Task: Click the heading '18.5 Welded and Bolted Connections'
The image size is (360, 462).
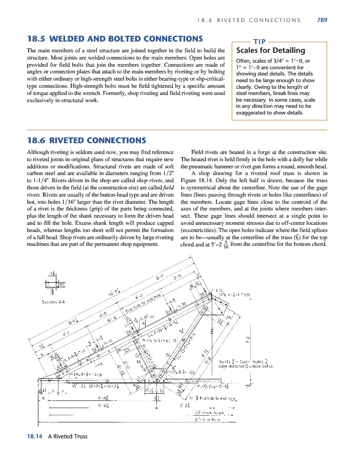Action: coord(114,38)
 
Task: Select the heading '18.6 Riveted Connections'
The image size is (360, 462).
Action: coord(86,140)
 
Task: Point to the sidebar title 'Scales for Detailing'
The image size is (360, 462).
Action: coord(270,50)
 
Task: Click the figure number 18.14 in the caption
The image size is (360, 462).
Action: coord(34,436)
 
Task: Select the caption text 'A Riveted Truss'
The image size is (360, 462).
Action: coord(68,436)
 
